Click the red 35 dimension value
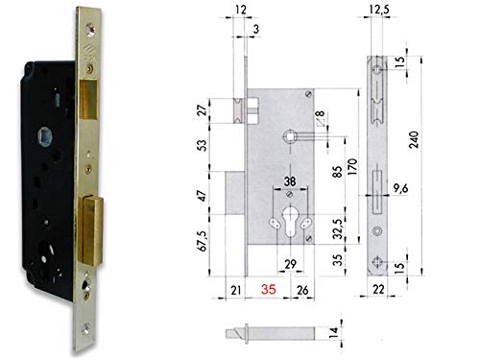[x=268, y=289]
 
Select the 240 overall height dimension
[x=414, y=139]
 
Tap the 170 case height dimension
[x=352, y=166]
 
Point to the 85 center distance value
[x=338, y=171]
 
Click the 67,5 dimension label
[x=204, y=241]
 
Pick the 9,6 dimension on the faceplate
[x=400, y=188]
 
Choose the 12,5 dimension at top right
[x=379, y=10]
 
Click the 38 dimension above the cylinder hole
[x=290, y=181]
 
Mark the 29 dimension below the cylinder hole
[x=291, y=264]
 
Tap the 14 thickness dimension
[x=334, y=333]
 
